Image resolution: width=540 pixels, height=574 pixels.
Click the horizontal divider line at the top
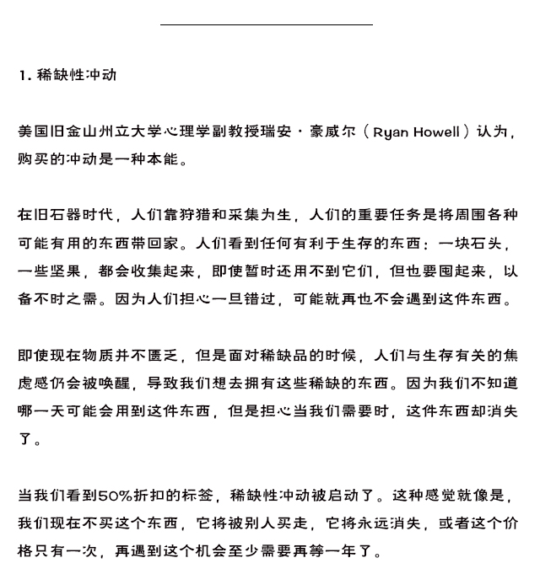pyautogui.click(x=266, y=25)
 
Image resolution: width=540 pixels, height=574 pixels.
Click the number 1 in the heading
pyautogui.click(x=22, y=75)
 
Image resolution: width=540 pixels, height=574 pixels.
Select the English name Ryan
pyautogui.click(x=393, y=132)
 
